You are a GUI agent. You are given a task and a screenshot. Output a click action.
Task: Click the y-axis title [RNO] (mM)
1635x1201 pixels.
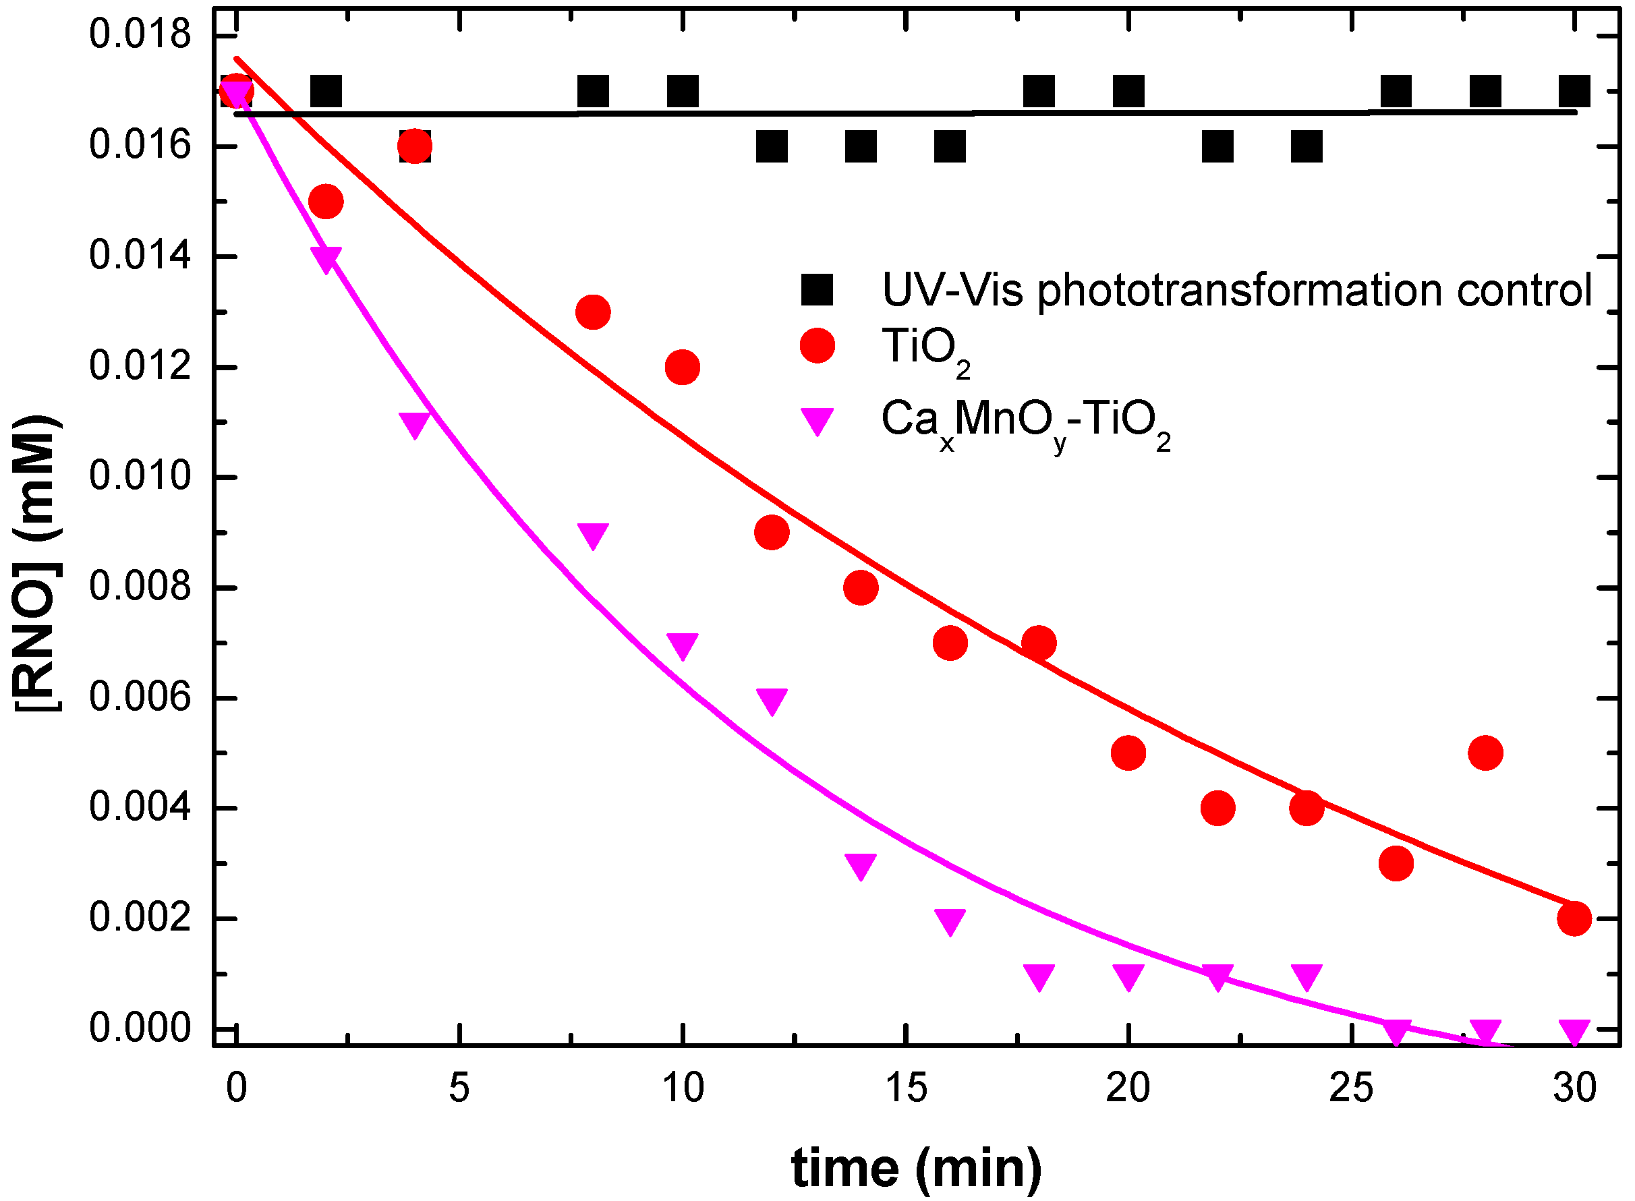click(x=36, y=564)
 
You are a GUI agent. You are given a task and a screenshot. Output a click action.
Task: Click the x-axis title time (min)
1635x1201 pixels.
click(x=917, y=1167)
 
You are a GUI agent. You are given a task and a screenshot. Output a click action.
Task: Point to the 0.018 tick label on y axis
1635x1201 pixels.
click(x=140, y=35)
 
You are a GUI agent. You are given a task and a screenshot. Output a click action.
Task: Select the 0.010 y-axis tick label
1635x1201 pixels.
click(x=140, y=477)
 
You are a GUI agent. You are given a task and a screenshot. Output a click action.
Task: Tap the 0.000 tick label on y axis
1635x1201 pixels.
click(x=140, y=1028)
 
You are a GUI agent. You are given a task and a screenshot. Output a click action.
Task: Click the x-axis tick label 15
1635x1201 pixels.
click(x=906, y=1088)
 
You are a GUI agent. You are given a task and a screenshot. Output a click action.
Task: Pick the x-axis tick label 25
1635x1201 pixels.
click(x=1351, y=1088)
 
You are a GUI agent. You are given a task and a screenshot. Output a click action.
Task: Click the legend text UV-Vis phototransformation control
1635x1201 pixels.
click(x=1236, y=290)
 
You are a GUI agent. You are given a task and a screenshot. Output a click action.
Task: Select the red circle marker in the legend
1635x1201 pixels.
click(x=817, y=345)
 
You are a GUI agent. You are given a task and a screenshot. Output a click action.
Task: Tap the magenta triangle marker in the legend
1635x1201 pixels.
click(x=817, y=419)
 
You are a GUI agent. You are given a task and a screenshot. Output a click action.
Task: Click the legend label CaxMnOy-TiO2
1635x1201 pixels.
click(x=1025, y=421)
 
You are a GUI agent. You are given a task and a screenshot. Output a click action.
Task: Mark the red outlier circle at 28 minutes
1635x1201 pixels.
click(x=1485, y=753)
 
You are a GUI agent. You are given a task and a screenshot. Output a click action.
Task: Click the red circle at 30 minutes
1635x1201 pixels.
click(x=1574, y=919)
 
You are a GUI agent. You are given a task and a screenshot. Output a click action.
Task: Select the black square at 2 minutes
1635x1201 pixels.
click(x=326, y=92)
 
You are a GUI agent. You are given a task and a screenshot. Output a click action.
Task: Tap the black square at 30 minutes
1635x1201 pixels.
click(x=1574, y=92)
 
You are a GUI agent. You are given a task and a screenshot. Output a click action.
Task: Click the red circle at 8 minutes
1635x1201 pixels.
click(x=592, y=312)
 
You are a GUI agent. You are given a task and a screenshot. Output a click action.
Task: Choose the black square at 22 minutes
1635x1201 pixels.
click(x=1217, y=147)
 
